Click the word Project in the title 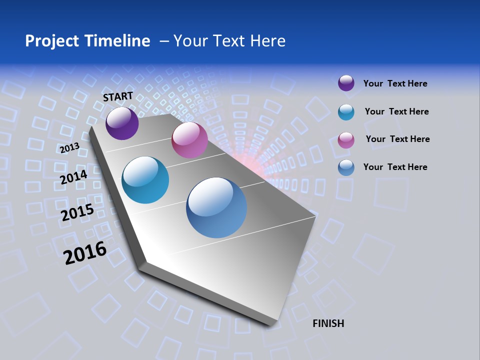[52, 41]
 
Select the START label [118, 96]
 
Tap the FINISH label [328, 323]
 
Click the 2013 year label [69, 148]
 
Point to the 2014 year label [74, 177]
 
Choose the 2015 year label [77, 212]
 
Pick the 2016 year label [85, 252]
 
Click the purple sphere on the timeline [122, 123]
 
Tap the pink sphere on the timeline [189, 140]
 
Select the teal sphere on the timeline [145, 180]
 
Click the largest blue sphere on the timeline [216, 207]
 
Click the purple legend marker [346, 83]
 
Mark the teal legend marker [346, 112]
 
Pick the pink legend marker [346, 140]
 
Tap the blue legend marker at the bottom [346, 167]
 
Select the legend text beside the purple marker [395, 83]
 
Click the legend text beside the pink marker [397, 139]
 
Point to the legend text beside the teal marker [396, 111]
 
